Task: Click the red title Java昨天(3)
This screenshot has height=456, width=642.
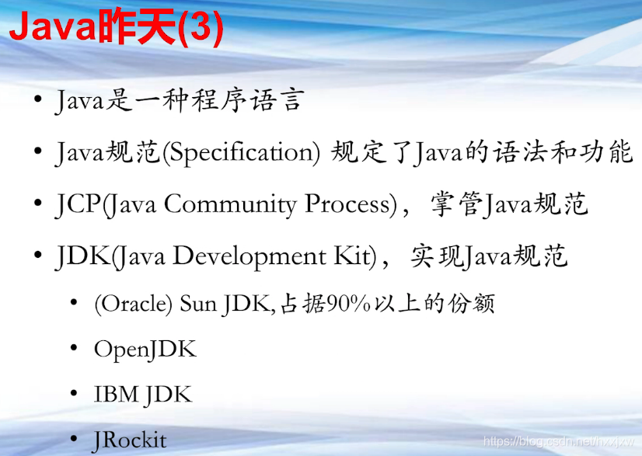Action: [x=116, y=27]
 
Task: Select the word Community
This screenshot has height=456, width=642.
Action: [x=230, y=204]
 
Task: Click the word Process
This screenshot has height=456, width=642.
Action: [x=347, y=204]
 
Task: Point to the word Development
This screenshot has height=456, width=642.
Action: [x=249, y=256]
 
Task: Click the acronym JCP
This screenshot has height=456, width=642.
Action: [x=78, y=204]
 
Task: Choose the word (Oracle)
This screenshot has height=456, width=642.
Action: [x=133, y=304]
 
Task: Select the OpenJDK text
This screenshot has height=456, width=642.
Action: [x=145, y=350]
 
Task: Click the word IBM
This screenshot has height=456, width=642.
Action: [x=116, y=394]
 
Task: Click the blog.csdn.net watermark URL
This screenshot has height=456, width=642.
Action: [x=559, y=442]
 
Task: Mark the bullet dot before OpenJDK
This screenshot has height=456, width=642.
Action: [x=74, y=348]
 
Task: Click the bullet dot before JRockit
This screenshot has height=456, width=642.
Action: [x=74, y=439]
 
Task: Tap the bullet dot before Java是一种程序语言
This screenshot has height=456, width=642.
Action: [x=38, y=99]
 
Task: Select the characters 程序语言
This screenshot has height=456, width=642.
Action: [x=248, y=100]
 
